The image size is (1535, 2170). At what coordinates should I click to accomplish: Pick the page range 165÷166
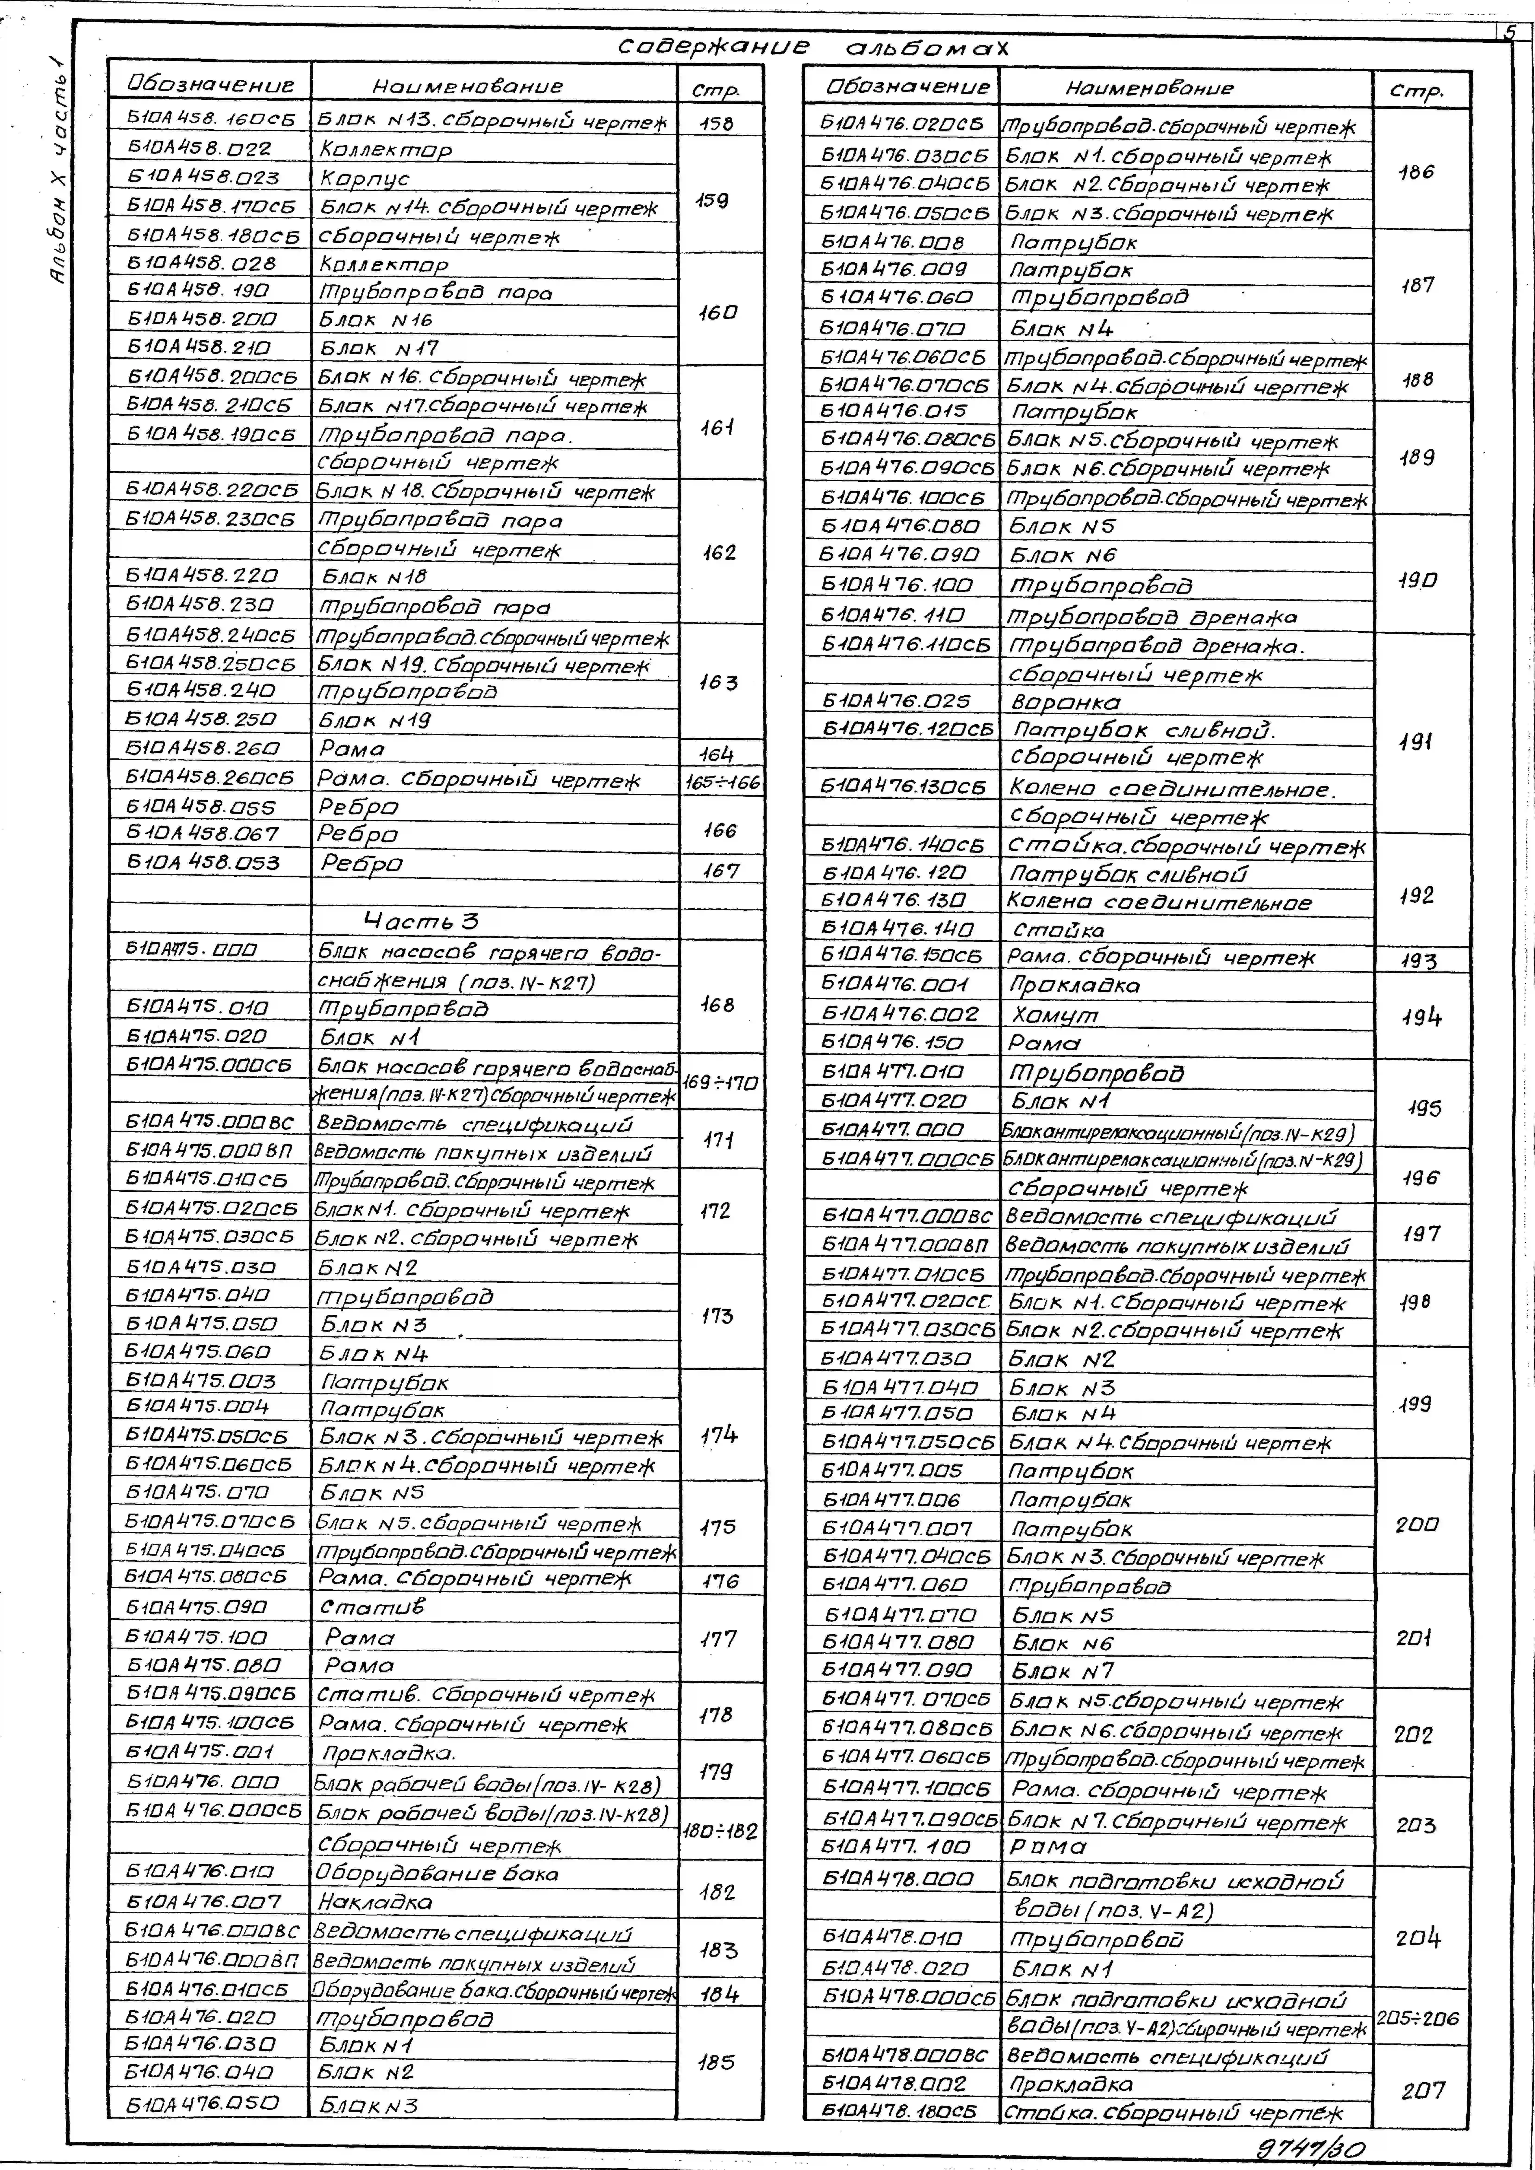coord(721,782)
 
